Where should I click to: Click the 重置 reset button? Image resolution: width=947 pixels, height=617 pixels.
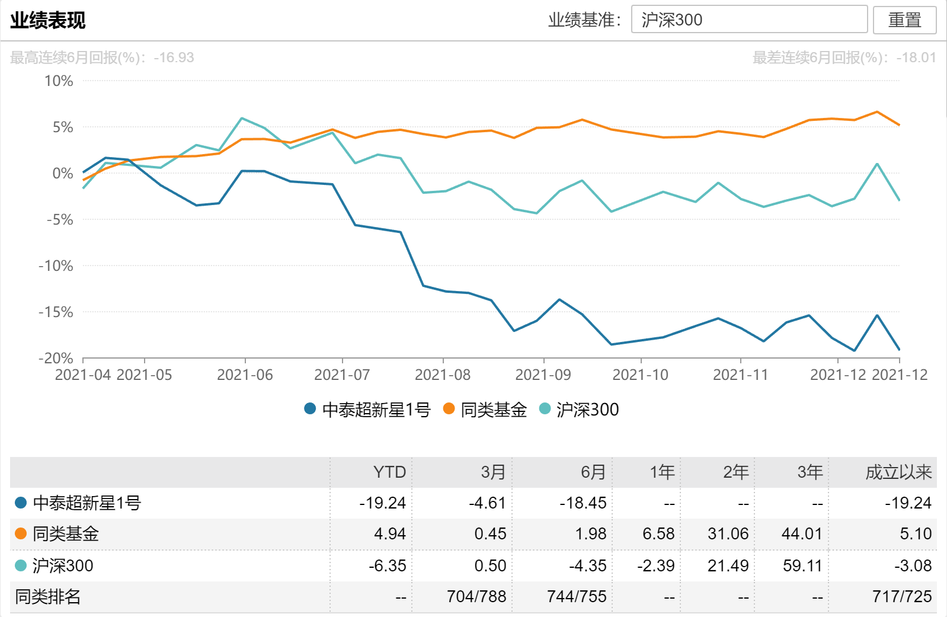coord(904,20)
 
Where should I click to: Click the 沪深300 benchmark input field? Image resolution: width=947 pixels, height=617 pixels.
coord(749,20)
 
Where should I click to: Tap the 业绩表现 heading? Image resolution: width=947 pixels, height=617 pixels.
coord(48,20)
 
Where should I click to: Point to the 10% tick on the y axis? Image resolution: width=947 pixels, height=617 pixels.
coord(59,81)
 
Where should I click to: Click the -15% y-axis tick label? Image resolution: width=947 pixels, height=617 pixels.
coord(56,312)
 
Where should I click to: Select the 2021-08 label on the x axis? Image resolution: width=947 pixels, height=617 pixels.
coord(443,375)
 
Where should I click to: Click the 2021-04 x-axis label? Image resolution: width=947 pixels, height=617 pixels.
coord(83,375)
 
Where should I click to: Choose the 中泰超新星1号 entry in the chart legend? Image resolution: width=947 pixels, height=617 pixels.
coord(367,409)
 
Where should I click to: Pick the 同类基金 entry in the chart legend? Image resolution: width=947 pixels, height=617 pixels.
coord(485,409)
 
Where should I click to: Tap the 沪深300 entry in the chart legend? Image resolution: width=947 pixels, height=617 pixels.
coord(580,409)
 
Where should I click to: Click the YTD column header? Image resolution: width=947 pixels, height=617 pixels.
coord(389,472)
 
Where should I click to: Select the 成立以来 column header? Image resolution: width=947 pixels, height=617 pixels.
coord(898,472)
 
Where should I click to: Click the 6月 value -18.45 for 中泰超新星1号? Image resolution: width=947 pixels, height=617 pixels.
coord(583,503)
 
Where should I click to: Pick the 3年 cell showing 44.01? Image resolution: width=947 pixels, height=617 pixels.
coord(802,534)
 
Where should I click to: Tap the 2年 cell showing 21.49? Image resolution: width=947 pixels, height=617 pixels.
coord(728,565)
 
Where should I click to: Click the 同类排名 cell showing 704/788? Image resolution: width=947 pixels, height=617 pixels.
coord(476,596)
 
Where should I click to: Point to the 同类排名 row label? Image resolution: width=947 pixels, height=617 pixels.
coord(48,596)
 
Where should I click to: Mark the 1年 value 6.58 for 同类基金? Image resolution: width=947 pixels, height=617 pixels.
coord(658,534)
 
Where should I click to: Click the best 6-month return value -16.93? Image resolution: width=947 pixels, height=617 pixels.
coord(174,57)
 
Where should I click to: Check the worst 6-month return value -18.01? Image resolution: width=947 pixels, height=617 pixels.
coord(916,57)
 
